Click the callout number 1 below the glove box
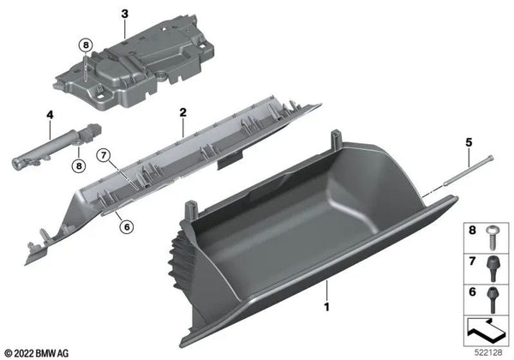[x=326, y=305]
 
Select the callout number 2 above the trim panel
[x=182, y=112]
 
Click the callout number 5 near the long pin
[x=468, y=140]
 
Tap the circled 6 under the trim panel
[x=125, y=226]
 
